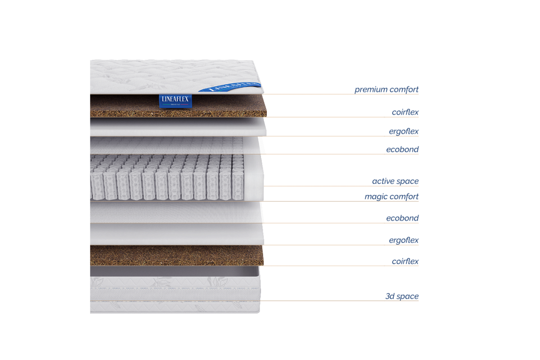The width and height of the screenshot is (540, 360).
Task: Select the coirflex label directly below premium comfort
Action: [405, 112]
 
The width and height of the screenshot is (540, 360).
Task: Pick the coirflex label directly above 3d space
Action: [405, 261]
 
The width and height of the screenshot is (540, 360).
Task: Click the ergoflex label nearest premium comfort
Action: [404, 132]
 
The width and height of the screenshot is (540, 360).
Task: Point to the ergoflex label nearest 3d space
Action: [404, 240]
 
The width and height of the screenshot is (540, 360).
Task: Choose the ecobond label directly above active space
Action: [402, 149]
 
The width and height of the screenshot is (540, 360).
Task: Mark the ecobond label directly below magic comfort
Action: [402, 218]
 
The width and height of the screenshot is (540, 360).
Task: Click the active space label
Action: [395, 181]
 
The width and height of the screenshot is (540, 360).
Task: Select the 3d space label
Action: [402, 296]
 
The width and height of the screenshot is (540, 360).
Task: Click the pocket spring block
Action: [166, 178]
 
